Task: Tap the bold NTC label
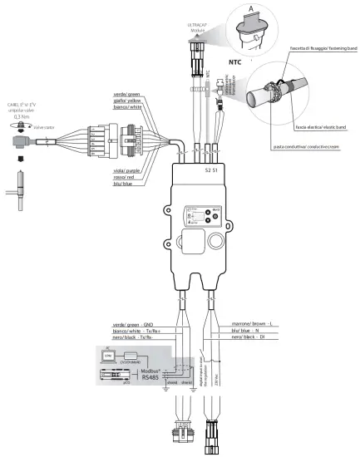click(236, 61)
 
